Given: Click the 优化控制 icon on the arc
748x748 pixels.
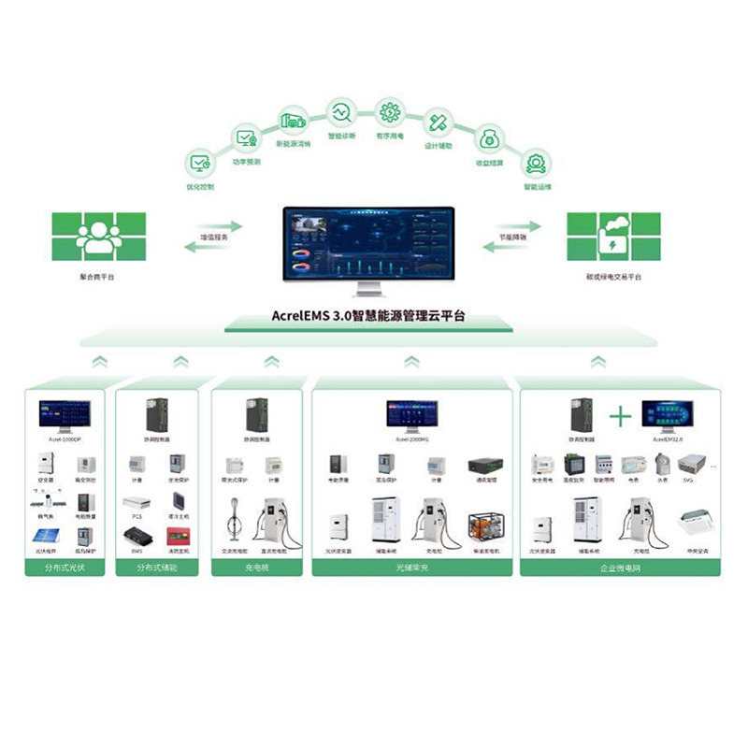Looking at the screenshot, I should pos(199,163).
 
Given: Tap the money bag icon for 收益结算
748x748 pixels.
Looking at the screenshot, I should pos(488,140).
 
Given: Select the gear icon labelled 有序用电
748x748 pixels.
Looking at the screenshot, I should pos(389,112).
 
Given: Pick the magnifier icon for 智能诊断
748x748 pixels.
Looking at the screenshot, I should pos(340,113).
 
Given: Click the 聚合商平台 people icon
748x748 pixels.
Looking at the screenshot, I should pos(99,237).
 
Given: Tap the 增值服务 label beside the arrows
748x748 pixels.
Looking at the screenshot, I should pos(214,238).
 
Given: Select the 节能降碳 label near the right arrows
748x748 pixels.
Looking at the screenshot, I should pos(512,238).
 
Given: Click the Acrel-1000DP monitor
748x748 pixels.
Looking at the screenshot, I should pos(65,414).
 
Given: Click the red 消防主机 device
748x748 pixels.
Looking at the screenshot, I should pos(177,536).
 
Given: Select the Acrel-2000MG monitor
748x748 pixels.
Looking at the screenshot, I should pos(412,414).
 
